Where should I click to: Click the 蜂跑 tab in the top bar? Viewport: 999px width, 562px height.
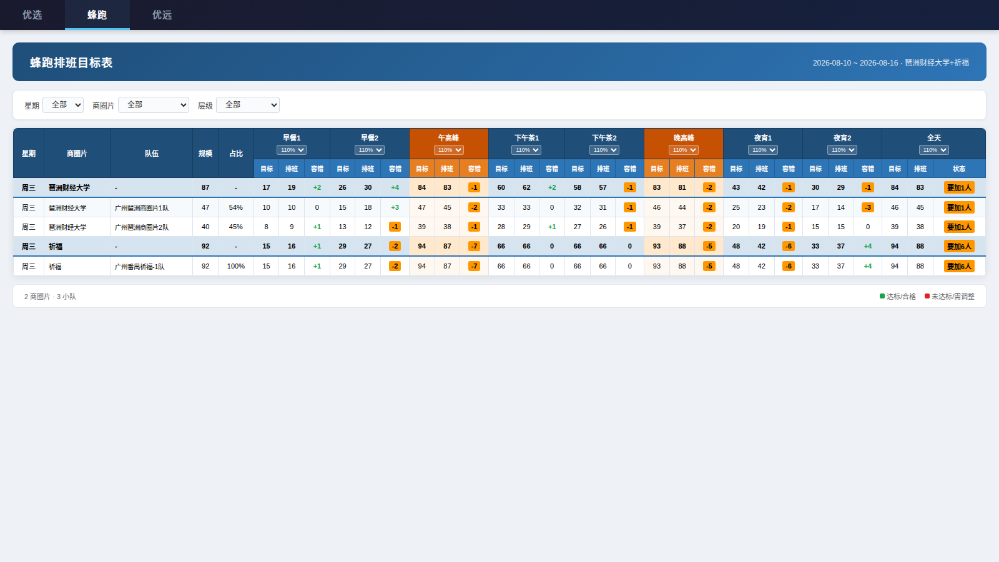coord(97,15)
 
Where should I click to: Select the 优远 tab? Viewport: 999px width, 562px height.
coord(162,15)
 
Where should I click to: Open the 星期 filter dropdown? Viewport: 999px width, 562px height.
coord(63,105)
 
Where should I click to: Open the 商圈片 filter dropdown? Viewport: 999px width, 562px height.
coord(154,105)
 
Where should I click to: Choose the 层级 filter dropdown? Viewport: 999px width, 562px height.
coord(247,105)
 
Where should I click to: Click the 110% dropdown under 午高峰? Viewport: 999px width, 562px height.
coord(449,150)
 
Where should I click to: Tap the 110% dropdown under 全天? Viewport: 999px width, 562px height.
coord(934,150)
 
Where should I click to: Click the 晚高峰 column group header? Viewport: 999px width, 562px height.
coord(684,138)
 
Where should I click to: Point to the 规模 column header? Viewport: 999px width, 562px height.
coord(205,154)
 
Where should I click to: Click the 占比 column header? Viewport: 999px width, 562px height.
coord(236,154)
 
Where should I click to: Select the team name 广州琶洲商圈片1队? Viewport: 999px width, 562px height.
coord(142,208)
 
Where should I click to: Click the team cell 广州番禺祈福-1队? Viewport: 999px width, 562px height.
coord(140,267)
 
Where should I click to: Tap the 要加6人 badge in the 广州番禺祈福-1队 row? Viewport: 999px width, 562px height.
coord(959,266)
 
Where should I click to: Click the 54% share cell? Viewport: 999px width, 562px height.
coord(236,207)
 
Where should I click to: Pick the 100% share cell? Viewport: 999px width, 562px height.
coord(236,266)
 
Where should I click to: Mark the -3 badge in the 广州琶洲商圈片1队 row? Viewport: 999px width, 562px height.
coord(868,207)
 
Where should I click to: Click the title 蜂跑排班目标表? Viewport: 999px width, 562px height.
coord(71,62)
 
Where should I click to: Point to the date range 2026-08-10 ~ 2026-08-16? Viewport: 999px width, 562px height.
coord(855,63)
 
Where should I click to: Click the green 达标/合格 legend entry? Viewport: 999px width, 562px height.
coord(897,297)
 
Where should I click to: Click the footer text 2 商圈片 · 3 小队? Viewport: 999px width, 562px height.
coord(51,297)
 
